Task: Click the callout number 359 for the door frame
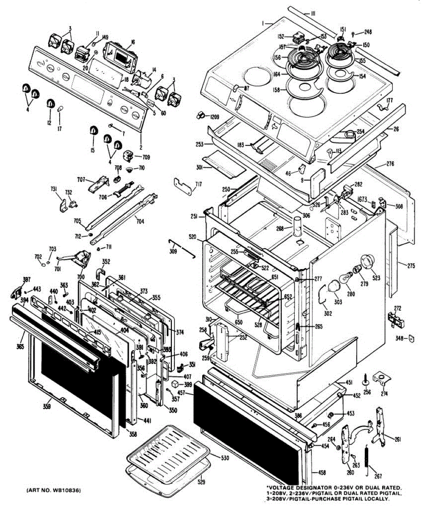click(x=47, y=406)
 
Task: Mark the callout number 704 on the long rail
click(x=140, y=219)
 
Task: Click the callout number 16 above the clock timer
click(x=133, y=42)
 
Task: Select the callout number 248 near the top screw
click(x=368, y=32)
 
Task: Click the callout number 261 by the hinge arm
click(x=397, y=439)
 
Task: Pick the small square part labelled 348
click(x=409, y=338)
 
